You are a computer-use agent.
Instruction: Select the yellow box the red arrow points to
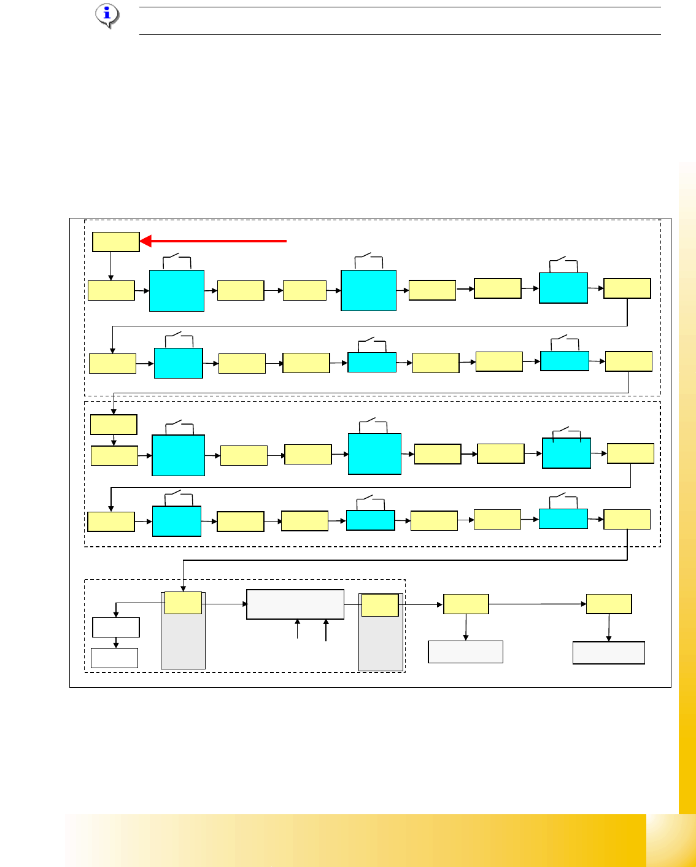(116, 242)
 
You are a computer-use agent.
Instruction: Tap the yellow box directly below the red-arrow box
(111, 290)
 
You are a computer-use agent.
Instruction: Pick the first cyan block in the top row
(177, 290)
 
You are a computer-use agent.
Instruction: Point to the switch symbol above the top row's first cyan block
(177, 260)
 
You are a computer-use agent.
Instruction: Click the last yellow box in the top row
(627, 288)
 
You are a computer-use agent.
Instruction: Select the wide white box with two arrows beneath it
(295, 604)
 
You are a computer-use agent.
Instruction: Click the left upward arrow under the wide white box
(298, 630)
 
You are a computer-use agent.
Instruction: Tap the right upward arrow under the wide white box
(326, 630)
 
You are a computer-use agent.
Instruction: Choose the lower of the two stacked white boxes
(115, 658)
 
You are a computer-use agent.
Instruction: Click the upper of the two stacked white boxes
(116, 627)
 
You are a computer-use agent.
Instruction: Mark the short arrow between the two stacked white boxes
(116, 642)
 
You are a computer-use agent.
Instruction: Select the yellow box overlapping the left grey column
(183, 603)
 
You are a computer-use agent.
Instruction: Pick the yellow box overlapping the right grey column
(380, 605)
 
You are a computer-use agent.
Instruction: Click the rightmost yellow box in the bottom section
(609, 604)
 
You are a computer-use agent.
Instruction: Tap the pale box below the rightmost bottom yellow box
(609, 652)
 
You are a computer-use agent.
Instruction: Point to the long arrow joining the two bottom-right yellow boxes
(537, 604)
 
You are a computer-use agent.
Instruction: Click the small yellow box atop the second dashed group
(114, 425)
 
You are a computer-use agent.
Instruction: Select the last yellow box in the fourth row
(627, 519)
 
